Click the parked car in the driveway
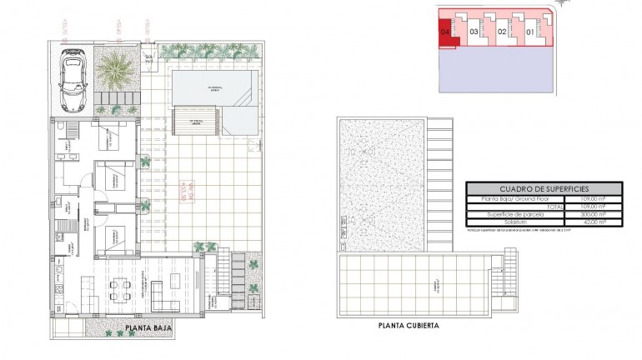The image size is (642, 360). (x=73, y=80)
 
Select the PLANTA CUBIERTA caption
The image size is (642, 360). (x=409, y=326)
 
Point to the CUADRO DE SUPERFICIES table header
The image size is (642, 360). (x=544, y=189)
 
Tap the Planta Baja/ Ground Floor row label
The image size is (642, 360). (x=510, y=198)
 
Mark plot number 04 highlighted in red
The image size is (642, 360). (x=445, y=31)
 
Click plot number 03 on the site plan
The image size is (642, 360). (x=474, y=32)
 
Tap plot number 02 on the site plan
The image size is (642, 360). (x=501, y=32)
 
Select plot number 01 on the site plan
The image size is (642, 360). (x=529, y=32)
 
